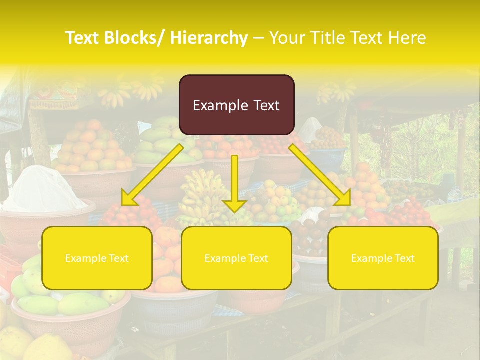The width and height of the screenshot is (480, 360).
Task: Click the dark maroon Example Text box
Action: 236,105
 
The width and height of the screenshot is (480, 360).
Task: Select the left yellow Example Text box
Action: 97,258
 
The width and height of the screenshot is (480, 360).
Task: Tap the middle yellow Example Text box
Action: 236,258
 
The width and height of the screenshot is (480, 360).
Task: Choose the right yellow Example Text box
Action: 383,258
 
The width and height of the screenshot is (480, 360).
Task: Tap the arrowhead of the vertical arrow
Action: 234,205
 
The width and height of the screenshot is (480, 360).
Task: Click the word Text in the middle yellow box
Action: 257,258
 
